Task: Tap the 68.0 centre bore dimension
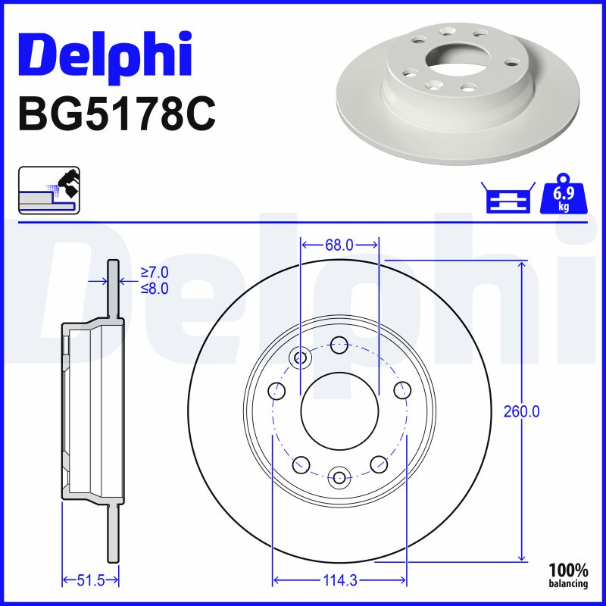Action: [x=339, y=245]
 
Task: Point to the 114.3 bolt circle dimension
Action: [x=339, y=581]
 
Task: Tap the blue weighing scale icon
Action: [x=509, y=198]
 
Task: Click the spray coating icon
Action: [x=49, y=189]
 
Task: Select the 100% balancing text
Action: [x=568, y=575]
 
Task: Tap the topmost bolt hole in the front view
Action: [x=339, y=344]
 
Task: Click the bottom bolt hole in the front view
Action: [x=339, y=477]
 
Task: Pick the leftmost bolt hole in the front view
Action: [x=276, y=391]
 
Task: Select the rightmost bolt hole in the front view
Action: [x=402, y=391]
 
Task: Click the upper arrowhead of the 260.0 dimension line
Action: [x=521, y=265]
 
